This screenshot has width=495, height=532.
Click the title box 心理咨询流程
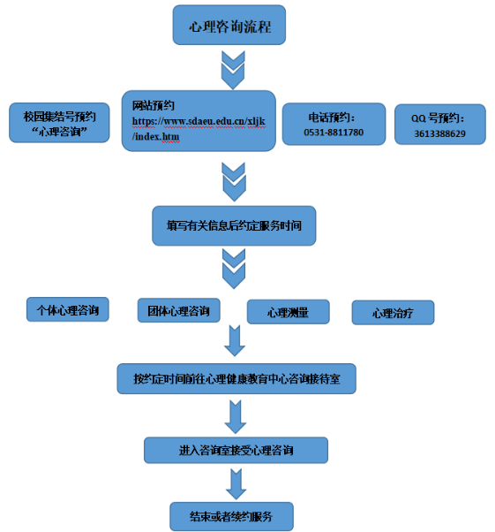[x=229, y=25]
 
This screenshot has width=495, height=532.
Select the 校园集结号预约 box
[x=59, y=123]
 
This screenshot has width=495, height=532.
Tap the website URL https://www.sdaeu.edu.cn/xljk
[x=199, y=121]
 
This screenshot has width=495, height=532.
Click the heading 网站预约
[x=154, y=105]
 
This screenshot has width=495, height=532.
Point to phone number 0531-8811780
[x=334, y=133]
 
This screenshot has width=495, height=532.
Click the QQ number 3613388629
[x=439, y=133]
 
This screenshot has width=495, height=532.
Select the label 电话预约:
[x=332, y=118]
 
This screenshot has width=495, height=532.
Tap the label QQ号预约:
[x=438, y=118]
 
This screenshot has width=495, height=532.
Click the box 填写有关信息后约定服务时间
[x=234, y=225]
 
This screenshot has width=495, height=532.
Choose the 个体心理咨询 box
[x=68, y=309]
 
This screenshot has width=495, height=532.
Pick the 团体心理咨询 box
[x=178, y=310]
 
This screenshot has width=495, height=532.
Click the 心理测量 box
[x=288, y=312]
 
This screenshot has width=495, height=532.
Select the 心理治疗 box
[x=393, y=313]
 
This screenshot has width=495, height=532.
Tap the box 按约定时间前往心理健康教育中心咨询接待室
[x=236, y=378]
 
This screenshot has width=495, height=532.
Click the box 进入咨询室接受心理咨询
[x=236, y=450]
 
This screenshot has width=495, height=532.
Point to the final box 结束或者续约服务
[x=231, y=516]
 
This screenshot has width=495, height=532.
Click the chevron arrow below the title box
[x=233, y=70]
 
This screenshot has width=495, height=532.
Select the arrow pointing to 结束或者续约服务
[x=236, y=483]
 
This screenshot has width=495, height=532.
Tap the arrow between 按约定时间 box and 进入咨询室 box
[x=236, y=416]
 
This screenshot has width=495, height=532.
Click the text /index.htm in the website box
[x=156, y=136]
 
